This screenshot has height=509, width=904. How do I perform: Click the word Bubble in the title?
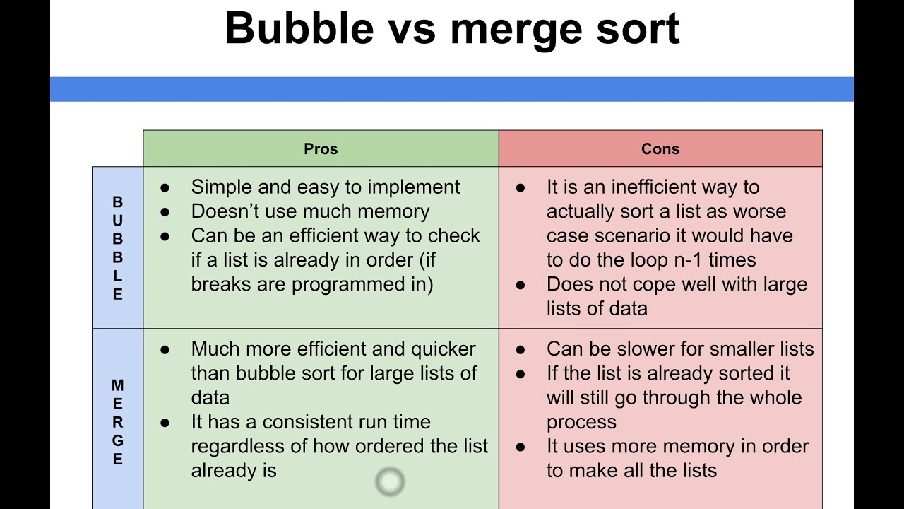(x=299, y=28)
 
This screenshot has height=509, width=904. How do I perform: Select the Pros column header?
(x=321, y=149)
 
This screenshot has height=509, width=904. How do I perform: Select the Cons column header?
(x=660, y=149)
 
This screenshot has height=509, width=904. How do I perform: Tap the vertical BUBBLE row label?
(x=117, y=248)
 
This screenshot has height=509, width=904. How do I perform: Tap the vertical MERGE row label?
(x=117, y=423)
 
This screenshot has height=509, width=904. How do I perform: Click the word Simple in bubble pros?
(x=221, y=187)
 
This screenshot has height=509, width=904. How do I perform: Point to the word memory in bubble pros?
(x=393, y=211)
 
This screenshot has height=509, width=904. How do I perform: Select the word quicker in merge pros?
(x=444, y=349)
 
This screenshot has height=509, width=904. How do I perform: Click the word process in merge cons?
(x=581, y=422)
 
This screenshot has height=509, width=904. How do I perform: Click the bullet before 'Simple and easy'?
(x=165, y=188)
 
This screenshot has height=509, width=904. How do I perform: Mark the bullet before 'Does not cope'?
(x=521, y=285)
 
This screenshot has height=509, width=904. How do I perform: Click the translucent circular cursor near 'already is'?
(x=390, y=482)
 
